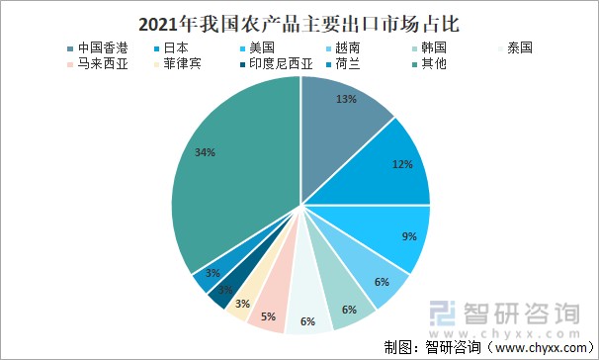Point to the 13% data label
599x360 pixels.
click(347, 100)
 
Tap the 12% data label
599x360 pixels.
click(402, 164)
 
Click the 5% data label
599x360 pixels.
click(268, 317)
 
